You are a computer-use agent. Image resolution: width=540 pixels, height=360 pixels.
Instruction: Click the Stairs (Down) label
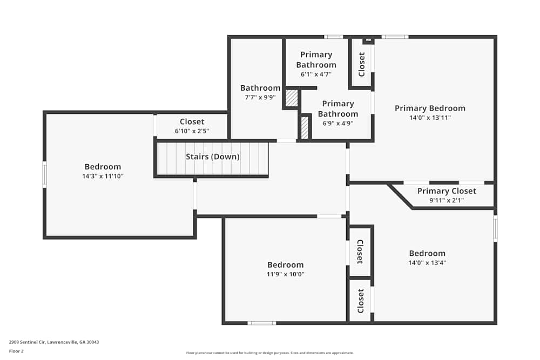(212, 157)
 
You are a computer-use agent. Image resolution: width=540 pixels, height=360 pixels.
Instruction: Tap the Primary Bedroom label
(430, 108)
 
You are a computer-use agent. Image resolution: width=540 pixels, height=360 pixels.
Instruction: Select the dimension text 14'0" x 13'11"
(430, 117)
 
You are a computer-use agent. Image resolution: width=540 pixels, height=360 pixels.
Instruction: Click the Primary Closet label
(447, 191)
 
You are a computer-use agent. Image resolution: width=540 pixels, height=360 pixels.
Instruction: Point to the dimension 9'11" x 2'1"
(447, 200)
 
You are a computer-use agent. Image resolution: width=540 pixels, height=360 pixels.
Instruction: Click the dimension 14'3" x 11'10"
(103, 176)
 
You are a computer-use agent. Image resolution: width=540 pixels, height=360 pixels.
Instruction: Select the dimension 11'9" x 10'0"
(285, 274)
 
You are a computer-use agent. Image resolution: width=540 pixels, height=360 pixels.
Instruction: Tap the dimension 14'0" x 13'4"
(427, 263)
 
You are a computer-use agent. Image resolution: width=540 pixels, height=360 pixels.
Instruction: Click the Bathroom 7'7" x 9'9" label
(260, 88)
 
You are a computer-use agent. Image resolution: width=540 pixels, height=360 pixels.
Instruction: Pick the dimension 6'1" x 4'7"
(316, 74)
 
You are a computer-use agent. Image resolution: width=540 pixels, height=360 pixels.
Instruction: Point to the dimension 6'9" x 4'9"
(337, 123)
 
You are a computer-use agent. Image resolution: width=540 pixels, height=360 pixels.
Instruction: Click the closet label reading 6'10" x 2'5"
(192, 131)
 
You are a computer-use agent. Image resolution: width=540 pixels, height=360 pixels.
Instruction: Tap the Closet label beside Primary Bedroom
(362, 64)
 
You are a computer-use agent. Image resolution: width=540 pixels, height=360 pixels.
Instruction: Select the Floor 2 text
(16, 351)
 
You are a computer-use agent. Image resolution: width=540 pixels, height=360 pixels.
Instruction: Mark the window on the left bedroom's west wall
(45, 174)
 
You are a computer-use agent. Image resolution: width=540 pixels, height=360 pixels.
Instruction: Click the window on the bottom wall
(261, 323)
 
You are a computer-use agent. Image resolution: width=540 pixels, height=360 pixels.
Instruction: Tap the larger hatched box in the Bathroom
(292, 98)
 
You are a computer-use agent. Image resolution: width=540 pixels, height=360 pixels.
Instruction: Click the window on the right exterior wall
(495, 228)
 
